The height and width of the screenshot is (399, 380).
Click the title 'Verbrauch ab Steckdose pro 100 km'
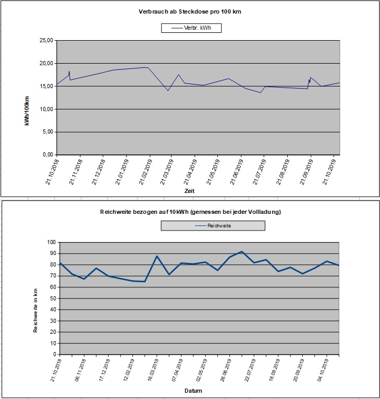189,11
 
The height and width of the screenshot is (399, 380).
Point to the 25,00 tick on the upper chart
45,41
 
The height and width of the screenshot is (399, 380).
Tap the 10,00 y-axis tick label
45,109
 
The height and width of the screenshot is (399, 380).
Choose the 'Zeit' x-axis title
189,191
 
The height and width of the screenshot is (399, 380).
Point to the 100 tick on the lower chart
52,243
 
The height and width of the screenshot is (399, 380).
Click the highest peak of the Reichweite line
242,251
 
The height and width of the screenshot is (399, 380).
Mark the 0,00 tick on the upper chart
47,155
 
